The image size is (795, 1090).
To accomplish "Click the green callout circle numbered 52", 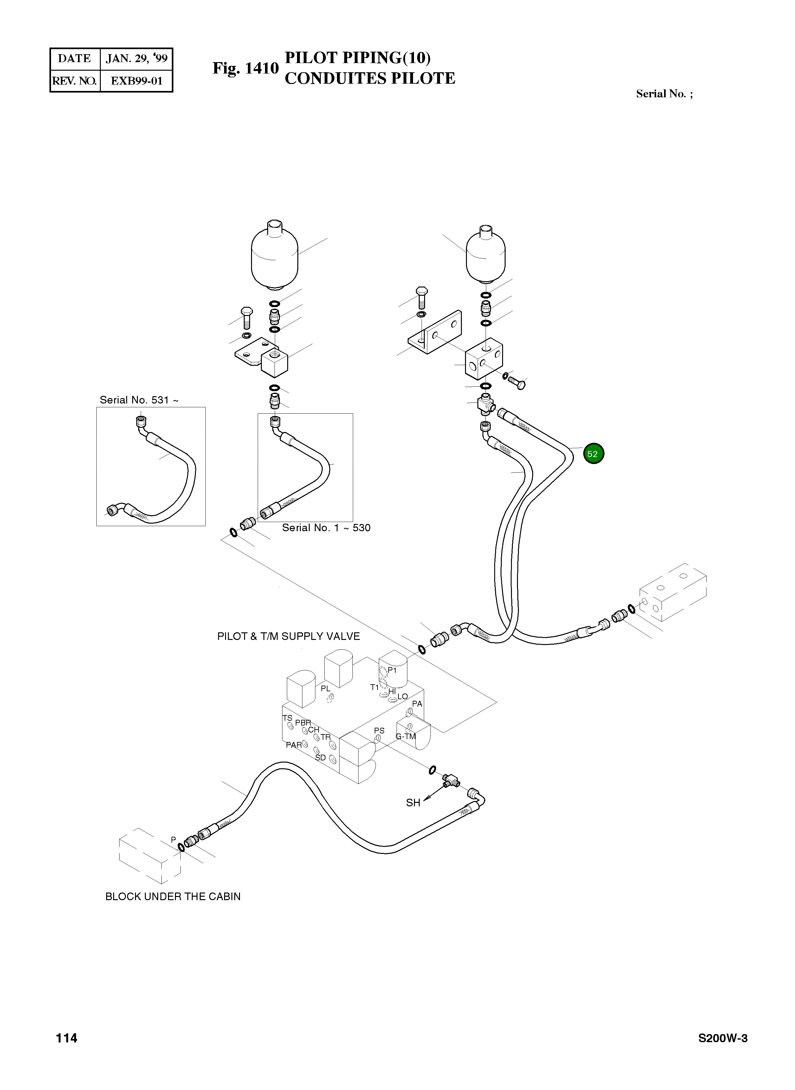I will click(x=593, y=454).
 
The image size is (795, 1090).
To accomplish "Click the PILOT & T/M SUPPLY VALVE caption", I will click(x=288, y=636).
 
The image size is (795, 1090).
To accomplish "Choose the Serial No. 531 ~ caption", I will click(x=139, y=400).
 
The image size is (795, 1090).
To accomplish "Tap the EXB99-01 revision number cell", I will click(x=137, y=81).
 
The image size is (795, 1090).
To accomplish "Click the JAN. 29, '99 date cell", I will click(x=137, y=59).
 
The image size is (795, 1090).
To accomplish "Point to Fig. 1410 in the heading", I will click(x=245, y=68).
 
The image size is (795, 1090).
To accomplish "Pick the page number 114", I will click(x=67, y=1038).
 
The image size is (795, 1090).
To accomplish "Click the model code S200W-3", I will click(x=722, y=1038).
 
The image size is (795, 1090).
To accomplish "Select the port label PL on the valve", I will click(x=325, y=689).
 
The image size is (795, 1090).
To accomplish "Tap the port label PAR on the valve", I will click(x=294, y=745).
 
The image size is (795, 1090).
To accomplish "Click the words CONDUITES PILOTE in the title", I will click(x=370, y=78).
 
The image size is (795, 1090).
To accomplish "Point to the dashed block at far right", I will click(x=673, y=592).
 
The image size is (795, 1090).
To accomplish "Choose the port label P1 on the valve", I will click(x=392, y=670).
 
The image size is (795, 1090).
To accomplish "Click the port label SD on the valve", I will click(x=320, y=758).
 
